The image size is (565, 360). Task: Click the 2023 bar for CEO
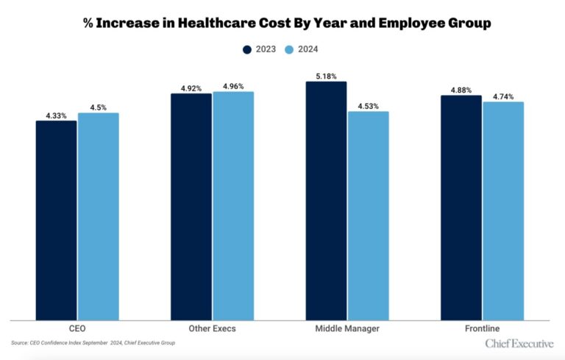(x=56, y=220)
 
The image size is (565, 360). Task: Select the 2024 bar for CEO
(x=98, y=216)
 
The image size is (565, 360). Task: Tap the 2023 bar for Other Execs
(x=191, y=207)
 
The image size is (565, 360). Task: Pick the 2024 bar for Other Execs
(x=233, y=206)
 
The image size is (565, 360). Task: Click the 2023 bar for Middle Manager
(x=327, y=201)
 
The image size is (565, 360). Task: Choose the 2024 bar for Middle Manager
(x=368, y=216)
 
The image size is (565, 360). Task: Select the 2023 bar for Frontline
(x=461, y=208)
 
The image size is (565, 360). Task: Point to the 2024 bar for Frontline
(x=503, y=211)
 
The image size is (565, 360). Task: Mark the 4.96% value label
(x=233, y=85)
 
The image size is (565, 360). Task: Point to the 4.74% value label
(x=503, y=96)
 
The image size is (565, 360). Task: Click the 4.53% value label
(x=368, y=105)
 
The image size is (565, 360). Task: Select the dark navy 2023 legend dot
(x=247, y=49)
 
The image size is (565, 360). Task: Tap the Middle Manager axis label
(x=347, y=328)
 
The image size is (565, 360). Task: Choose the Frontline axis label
(x=482, y=328)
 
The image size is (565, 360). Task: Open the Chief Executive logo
(x=519, y=344)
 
